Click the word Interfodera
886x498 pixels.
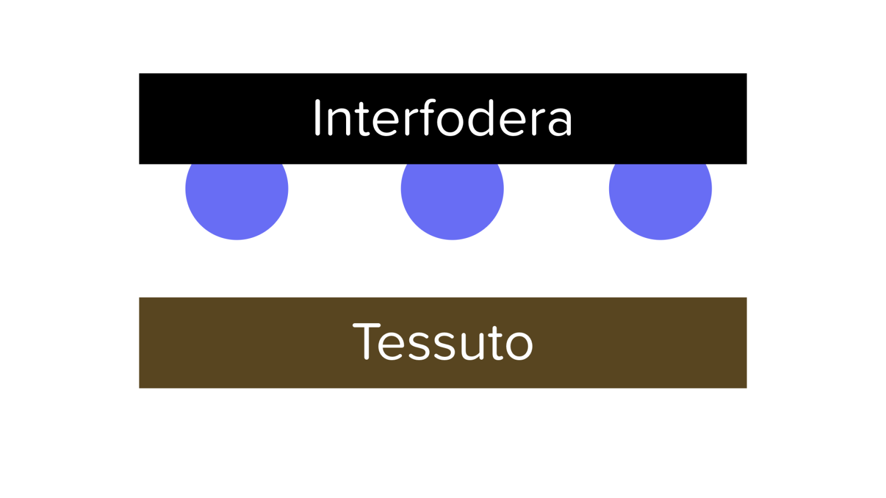click(443, 117)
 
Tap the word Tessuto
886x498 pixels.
click(443, 341)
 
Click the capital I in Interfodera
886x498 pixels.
click(317, 117)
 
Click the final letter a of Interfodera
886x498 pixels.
click(560, 122)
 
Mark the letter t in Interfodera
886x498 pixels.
click(363, 119)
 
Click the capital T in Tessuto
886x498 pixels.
click(366, 341)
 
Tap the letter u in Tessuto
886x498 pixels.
click(472, 346)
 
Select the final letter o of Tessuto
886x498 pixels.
click(520, 346)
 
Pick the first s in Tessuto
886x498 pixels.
click(419, 346)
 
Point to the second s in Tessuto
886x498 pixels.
click(445, 346)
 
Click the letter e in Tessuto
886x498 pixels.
click(391, 346)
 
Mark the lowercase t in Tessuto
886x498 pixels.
click(496, 343)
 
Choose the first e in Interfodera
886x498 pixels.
click(385, 122)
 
